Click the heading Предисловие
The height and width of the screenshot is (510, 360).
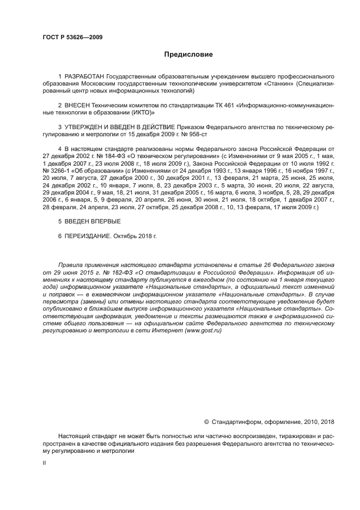pos(188,54)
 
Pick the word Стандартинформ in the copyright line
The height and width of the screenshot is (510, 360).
pos(237,422)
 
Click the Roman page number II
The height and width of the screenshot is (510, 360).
pos(44,463)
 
